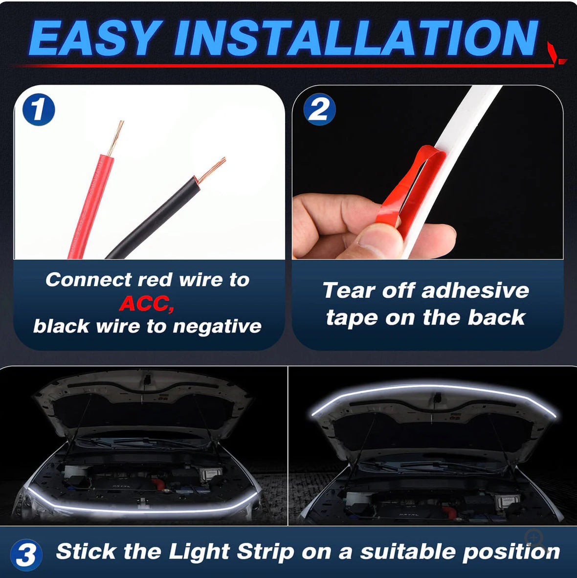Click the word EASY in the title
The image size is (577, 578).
94,39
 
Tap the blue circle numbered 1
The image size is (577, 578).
39,110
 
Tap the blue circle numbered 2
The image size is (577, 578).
319,110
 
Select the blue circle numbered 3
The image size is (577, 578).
25,555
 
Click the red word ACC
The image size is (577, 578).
146,303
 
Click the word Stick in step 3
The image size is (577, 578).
86,552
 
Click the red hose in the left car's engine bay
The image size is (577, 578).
158,484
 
